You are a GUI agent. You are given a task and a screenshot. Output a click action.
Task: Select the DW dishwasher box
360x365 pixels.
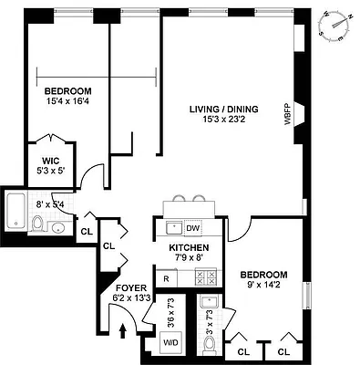click(x=192, y=228)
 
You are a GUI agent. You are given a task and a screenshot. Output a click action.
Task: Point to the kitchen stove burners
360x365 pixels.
click(x=205, y=276)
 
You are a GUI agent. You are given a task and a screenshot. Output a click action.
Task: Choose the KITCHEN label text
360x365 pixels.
click(x=189, y=248)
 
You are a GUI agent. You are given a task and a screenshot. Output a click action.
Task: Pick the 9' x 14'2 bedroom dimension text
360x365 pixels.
click(x=262, y=286)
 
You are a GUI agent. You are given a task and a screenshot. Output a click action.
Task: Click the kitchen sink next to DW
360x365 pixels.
click(x=171, y=227)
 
